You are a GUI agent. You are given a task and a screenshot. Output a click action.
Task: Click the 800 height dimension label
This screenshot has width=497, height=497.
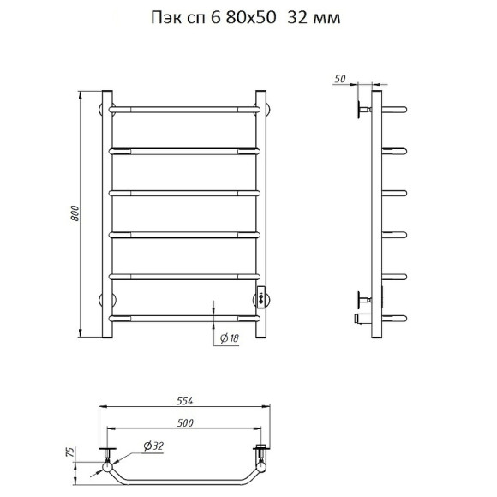pyautogui.click(x=75, y=213)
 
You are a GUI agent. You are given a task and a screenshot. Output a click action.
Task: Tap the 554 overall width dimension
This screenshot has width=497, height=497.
pyautogui.click(x=184, y=401)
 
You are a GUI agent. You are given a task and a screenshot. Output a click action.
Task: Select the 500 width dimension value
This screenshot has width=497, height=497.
pyautogui.click(x=185, y=422)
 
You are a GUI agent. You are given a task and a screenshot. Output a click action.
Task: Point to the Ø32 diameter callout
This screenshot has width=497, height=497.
pyautogui.click(x=153, y=446)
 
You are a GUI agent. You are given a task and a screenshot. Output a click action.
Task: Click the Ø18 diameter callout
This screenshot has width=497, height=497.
pyautogui.click(x=229, y=338)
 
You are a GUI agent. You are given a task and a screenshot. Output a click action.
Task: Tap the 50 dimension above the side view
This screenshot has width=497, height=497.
pyautogui.click(x=340, y=79)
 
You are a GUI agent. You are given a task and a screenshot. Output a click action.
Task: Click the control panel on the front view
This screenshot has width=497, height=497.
pyautogui.click(x=261, y=296)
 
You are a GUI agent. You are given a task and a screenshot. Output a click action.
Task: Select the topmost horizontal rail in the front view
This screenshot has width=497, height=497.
pyautogui.click(x=184, y=110)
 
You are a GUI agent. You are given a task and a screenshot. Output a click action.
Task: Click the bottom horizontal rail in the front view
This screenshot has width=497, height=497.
pyautogui.click(x=184, y=319)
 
